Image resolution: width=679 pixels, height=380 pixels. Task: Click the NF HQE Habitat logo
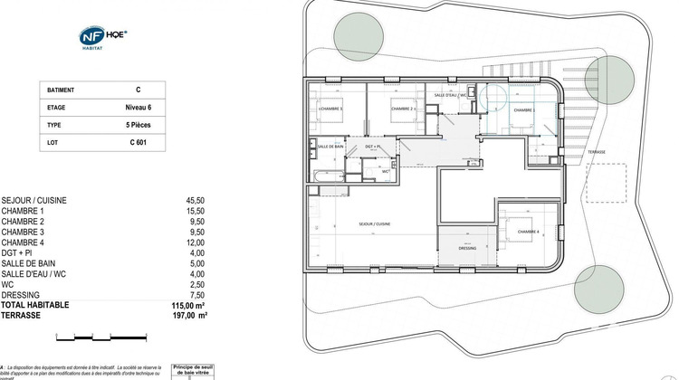[x=104, y=37]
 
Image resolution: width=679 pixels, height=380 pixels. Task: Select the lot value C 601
[x=138, y=143]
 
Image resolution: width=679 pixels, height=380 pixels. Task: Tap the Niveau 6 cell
[x=138, y=108]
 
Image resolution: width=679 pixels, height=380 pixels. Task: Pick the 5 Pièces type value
[x=138, y=125]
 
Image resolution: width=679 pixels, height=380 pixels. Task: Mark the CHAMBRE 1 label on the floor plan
[x=330, y=109]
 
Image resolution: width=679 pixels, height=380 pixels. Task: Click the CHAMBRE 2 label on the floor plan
[x=403, y=109]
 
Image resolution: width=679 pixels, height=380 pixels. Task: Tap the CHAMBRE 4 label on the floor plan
[x=529, y=233]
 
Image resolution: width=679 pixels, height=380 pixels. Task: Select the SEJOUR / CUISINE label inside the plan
[x=374, y=223]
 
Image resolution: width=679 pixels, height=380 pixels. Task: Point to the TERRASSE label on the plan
[x=596, y=152]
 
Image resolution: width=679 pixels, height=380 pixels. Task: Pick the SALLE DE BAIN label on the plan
[x=330, y=146]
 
